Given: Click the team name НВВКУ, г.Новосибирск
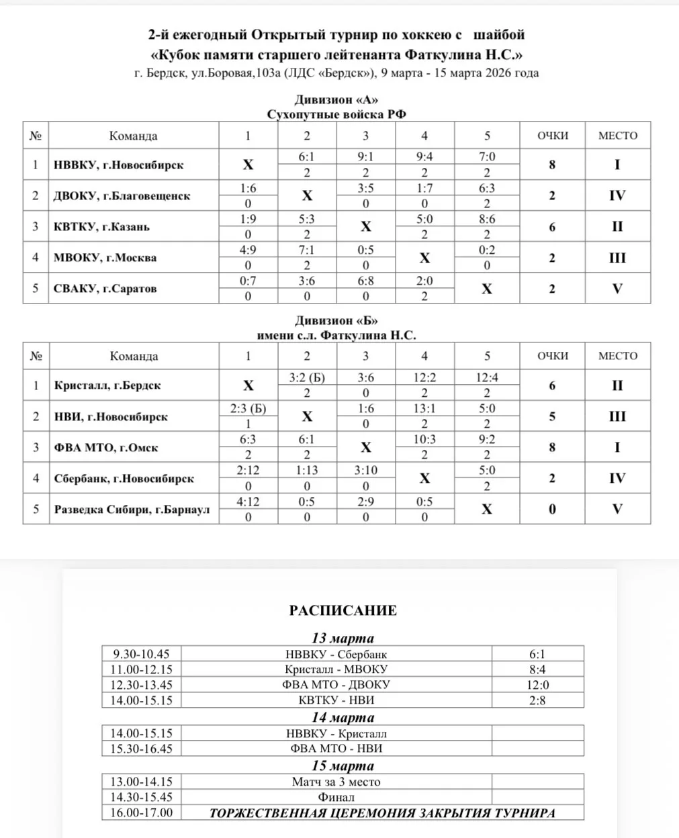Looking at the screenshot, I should pos(118,165).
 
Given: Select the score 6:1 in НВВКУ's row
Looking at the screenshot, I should pos(306,156).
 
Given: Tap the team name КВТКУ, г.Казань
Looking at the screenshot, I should pos(101,227).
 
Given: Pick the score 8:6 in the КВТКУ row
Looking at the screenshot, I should pos(487,219).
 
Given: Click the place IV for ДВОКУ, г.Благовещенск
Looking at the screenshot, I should pos(617,195).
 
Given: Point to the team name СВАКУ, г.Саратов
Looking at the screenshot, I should pos(105,289).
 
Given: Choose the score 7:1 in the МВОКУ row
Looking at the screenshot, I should pos(306,250).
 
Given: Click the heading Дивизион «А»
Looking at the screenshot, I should pos(336,100).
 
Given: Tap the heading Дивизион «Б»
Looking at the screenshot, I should pos(336,321).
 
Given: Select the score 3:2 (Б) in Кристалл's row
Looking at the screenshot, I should pos(307,377).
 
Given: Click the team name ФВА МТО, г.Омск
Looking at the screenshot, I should pos(106,448).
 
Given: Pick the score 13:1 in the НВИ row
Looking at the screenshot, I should pos(424,408).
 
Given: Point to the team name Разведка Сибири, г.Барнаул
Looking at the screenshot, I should pos(132,509).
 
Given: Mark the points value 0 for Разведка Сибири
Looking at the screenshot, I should pos(552,509).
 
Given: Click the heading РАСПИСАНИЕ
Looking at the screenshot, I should pos(343,610).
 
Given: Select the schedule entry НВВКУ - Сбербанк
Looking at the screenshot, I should pos(336,654).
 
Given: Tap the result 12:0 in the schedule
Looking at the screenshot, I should pos(537,685).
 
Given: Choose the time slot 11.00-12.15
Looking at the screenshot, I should pos(142,669).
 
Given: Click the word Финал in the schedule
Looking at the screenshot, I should pos(336,797).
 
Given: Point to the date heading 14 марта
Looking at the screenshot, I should pos(343,717).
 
